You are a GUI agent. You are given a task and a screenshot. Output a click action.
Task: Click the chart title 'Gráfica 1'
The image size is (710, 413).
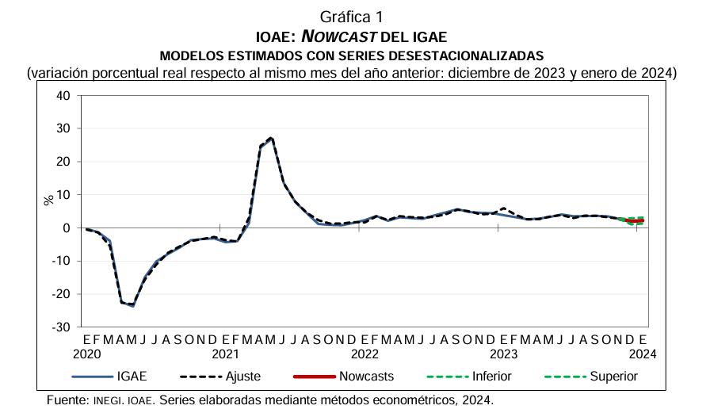click(x=354, y=17)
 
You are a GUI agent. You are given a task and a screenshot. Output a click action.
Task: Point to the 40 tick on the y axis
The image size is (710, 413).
click(x=63, y=96)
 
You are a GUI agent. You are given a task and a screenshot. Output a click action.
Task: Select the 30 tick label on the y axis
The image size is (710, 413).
click(x=63, y=129)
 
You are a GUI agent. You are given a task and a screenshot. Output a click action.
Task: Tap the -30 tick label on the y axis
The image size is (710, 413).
click(x=61, y=327)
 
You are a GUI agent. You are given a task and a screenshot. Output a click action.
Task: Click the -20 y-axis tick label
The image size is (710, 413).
click(x=61, y=294)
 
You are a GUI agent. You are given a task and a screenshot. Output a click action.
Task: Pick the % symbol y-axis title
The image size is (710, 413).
click(x=49, y=200)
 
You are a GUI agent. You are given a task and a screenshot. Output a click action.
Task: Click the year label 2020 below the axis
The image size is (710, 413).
click(x=88, y=354)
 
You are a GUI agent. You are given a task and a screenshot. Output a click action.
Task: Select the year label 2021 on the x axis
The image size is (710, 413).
click(x=226, y=354)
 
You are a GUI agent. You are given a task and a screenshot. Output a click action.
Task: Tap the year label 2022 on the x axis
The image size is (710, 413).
click(x=365, y=354)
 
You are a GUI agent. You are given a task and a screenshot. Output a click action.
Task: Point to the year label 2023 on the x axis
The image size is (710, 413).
click(x=503, y=354)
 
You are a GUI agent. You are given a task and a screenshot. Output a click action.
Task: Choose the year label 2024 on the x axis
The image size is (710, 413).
click(x=642, y=354)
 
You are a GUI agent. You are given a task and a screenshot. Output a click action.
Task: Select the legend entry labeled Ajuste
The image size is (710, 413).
click(x=243, y=377)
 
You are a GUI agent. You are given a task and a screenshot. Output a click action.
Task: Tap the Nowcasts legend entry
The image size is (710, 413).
click(x=365, y=377)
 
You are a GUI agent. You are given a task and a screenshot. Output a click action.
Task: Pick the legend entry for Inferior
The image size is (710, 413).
click(x=491, y=377)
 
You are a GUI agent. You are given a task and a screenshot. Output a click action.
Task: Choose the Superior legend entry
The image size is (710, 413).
click(x=613, y=377)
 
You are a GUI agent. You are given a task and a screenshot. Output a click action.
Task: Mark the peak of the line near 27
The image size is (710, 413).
click(x=272, y=139)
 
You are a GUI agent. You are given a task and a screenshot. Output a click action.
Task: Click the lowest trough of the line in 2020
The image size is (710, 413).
click(x=133, y=305)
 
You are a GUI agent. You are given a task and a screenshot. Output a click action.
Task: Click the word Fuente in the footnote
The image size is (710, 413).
click(x=67, y=400)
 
